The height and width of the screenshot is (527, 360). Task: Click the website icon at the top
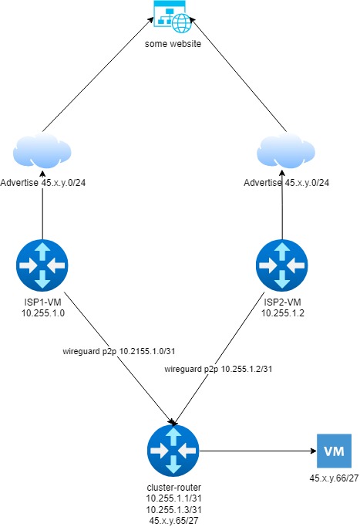(x=173, y=17)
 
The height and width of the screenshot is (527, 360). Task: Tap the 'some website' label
(x=173, y=44)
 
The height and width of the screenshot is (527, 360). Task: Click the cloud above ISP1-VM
(x=42, y=151)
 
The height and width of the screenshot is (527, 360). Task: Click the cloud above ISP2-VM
(x=286, y=151)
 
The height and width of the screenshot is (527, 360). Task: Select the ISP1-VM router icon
(x=42, y=265)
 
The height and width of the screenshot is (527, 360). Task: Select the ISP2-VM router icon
(x=281, y=265)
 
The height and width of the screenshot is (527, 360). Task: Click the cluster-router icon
(x=173, y=451)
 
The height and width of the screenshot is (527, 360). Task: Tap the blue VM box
(x=334, y=451)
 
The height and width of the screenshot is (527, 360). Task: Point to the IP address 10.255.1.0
(x=43, y=313)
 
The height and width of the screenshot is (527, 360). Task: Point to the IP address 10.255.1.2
(x=283, y=313)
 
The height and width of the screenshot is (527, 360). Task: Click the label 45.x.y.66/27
(x=334, y=478)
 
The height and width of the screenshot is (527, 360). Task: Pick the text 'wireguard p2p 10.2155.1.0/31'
(x=119, y=352)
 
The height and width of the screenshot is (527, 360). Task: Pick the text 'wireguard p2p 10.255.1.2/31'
(x=218, y=369)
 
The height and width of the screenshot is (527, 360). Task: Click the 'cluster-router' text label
(x=174, y=488)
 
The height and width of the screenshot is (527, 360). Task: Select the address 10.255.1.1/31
(x=174, y=498)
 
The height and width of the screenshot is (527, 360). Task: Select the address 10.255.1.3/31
(x=174, y=509)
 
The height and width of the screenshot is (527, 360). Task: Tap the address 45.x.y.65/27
(x=174, y=521)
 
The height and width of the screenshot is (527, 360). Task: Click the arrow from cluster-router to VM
(x=258, y=451)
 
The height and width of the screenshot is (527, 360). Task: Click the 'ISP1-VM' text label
(x=42, y=302)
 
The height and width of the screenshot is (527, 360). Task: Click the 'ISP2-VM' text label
(x=282, y=302)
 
